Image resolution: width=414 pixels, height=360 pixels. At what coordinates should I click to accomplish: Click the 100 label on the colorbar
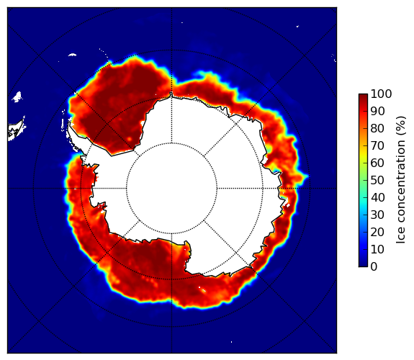(381, 94)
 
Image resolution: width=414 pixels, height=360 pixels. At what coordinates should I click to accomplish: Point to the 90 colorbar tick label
(377, 111)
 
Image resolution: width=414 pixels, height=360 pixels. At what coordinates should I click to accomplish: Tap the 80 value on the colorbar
(377, 129)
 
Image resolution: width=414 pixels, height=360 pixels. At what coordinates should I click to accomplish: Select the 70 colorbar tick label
(377, 145)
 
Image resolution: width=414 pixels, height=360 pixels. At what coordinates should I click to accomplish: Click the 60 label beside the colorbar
(377, 163)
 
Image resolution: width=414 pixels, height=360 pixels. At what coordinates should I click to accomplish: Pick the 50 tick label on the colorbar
(377, 181)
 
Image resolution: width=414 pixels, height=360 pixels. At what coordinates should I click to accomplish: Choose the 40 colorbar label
(377, 197)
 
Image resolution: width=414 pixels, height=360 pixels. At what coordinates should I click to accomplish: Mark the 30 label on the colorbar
(377, 215)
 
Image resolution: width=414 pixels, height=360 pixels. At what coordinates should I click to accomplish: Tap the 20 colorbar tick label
(377, 232)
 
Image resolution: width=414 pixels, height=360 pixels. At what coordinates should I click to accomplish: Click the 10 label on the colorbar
(377, 249)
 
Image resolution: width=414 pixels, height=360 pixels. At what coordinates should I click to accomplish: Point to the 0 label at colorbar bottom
(374, 267)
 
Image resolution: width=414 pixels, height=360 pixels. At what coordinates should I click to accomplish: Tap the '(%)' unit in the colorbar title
(401, 126)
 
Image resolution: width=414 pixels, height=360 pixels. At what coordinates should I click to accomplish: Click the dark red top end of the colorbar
(363, 96)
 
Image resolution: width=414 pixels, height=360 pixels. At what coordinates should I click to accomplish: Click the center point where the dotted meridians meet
(171, 189)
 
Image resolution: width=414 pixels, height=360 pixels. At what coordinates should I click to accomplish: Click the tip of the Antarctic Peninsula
(69, 123)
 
